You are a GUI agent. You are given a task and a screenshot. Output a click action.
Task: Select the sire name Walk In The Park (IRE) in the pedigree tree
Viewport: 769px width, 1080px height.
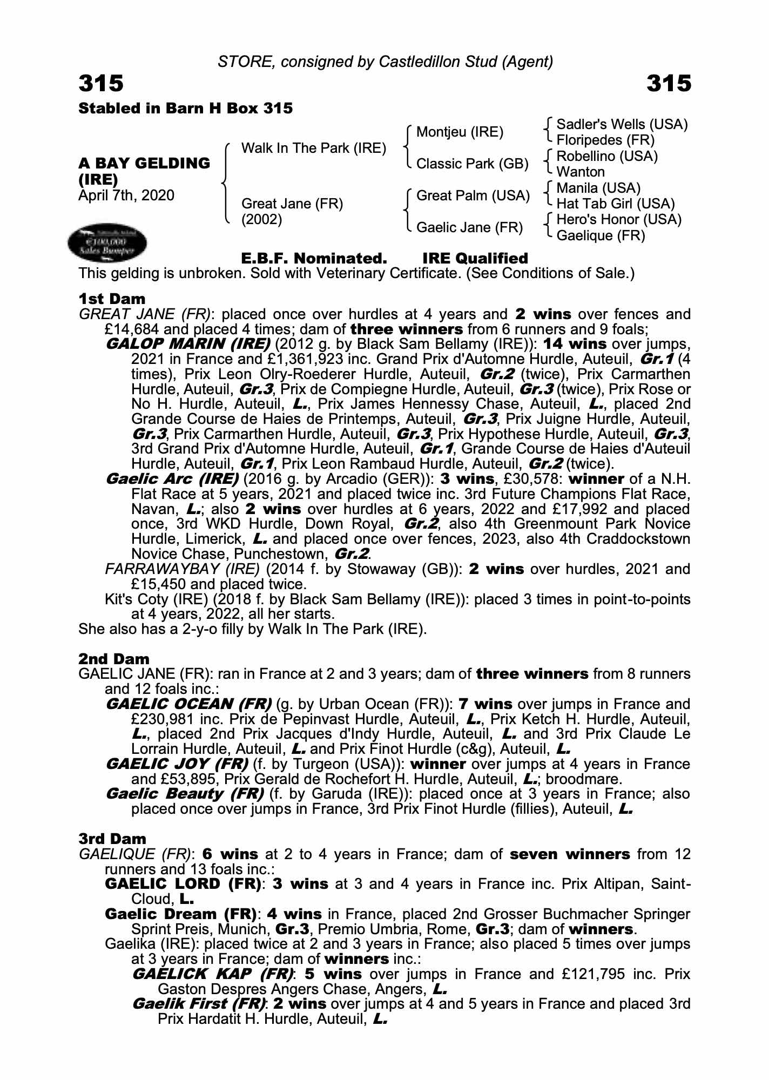313,148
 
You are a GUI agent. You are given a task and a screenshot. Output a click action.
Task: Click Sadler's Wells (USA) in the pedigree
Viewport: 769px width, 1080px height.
622,125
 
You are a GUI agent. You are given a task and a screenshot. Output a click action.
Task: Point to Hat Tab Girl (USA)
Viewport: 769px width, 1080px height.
615,204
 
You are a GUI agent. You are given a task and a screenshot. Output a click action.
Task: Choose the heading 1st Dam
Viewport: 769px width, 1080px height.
112,299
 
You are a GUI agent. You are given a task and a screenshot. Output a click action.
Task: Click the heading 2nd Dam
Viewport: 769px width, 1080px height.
113,659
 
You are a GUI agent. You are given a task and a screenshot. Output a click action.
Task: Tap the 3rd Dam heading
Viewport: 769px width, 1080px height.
112,839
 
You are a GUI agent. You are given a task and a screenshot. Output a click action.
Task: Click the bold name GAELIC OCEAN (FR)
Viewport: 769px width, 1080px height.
188,704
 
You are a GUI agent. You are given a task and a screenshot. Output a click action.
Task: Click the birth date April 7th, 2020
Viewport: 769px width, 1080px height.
126,195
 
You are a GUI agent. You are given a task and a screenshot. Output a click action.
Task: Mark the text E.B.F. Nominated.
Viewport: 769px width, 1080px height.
314,259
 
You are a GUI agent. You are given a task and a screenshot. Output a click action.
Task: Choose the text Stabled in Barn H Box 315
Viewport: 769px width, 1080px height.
186,109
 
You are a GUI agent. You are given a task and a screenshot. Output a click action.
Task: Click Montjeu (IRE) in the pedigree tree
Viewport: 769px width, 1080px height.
460,132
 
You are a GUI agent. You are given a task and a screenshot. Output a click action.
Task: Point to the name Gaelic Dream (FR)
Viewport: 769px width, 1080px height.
180,914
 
